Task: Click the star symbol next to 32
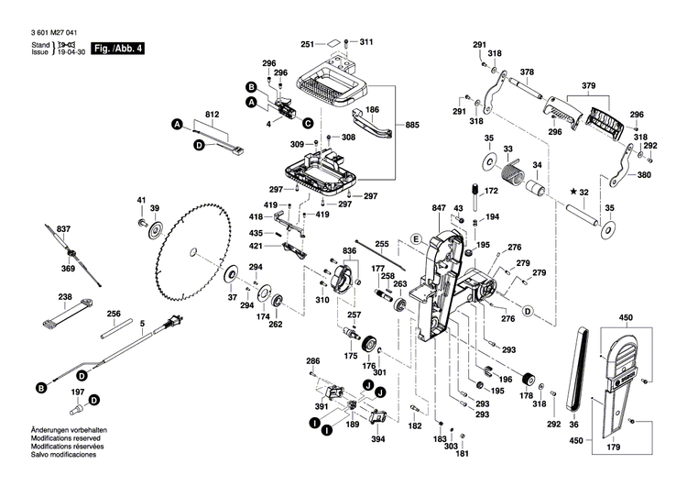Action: (x=572, y=192)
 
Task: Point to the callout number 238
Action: (x=65, y=296)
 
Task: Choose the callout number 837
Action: (x=63, y=227)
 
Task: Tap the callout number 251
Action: (x=308, y=43)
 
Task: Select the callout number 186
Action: (x=372, y=109)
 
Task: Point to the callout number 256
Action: (x=113, y=314)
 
